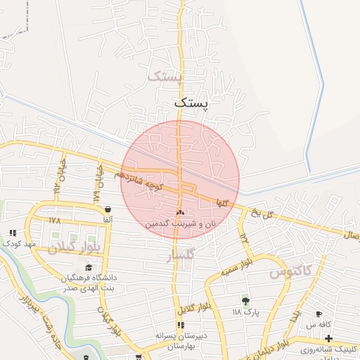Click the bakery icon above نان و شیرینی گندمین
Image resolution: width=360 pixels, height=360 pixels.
coord(181,212)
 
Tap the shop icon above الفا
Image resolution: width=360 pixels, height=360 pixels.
coord(108,209)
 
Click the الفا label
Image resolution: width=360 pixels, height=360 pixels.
coord(108,220)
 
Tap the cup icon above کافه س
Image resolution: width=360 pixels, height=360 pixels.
coord(319,314)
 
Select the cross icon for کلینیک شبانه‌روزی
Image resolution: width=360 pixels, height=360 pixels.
coord(328,338)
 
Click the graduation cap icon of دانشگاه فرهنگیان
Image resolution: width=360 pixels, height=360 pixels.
coord(89,267)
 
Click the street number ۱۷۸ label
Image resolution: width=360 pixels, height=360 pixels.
coord(55,220)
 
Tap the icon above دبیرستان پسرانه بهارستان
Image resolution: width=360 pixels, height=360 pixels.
coord(181,325)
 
